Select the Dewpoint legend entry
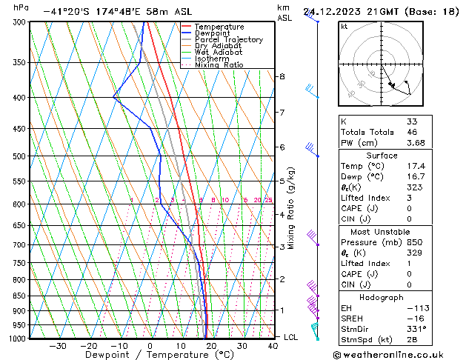click(212, 33)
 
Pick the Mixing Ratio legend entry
click(219, 65)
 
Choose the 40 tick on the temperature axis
click(273, 346)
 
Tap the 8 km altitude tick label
click(282, 76)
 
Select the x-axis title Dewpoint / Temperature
click(149, 355)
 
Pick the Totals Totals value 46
click(413, 132)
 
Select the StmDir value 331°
click(416, 329)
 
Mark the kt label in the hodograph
click(344, 27)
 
